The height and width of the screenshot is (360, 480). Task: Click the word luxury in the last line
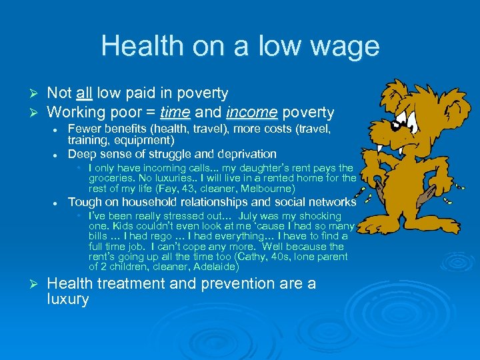(68, 299)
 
